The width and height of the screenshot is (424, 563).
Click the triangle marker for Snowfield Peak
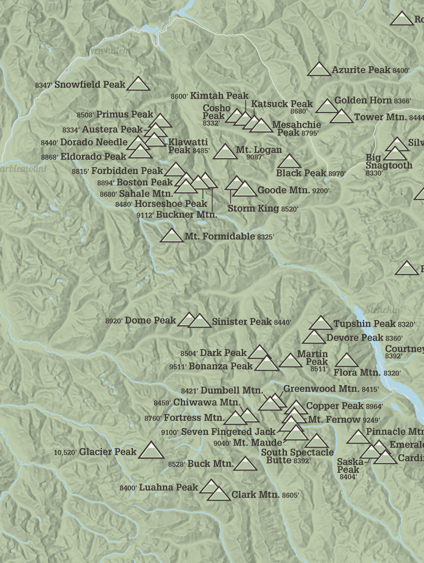139,84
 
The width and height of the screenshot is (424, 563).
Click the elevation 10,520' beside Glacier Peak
65,453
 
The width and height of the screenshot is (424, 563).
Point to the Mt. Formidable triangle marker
172,236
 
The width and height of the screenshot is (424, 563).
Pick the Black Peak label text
301,173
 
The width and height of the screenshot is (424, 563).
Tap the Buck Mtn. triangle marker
246,464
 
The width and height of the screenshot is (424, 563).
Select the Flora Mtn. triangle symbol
347,361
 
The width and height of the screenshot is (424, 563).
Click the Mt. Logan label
259,150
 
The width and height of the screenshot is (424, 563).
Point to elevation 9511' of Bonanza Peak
178,367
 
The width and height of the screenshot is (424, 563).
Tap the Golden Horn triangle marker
327,107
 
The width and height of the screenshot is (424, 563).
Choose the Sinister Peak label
242,321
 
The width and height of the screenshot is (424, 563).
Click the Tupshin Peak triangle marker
321,323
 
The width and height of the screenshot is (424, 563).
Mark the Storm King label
253,208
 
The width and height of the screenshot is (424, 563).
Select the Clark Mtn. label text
255,495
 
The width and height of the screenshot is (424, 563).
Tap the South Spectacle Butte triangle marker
316,441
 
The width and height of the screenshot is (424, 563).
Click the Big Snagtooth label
388,161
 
